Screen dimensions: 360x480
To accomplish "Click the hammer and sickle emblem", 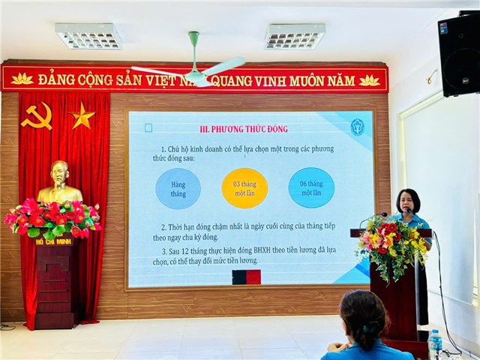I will click(x=36, y=116).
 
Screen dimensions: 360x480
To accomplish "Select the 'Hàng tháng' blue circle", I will click(x=178, y=188).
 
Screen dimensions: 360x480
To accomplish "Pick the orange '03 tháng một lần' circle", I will click(x=244, y=188).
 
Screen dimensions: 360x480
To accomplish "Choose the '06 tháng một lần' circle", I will click(x=311, y=187).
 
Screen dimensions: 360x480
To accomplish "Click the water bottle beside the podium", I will click(x=435, y=343).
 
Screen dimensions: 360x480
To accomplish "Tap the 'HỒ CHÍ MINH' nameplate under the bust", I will click(x=52, y=241).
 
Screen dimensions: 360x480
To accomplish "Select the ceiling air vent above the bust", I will click(x=88, y=35).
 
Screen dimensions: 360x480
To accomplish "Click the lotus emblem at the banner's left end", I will click(x=22, y=79).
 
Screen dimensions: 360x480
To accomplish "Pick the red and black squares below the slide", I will click(x=246, y=277).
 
